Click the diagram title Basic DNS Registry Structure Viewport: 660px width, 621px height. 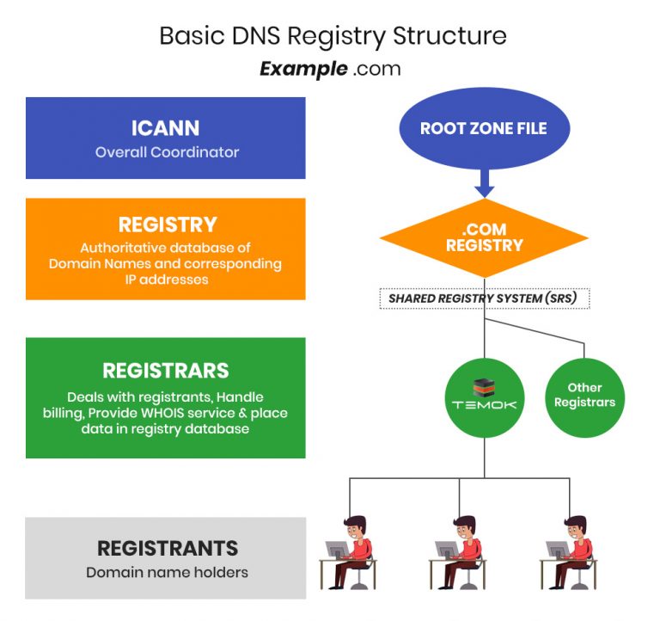pos(333,36)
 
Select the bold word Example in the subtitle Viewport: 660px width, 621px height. pos(302,69)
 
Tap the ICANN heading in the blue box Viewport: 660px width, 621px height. pos(166,128)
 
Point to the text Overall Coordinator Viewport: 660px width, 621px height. pos(167,152)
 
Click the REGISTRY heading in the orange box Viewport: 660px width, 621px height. pos(167,224)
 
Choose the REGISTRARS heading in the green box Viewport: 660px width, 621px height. pos(166,371)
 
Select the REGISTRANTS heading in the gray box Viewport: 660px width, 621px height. pos(167,548)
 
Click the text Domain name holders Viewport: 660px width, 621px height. pos(167,572)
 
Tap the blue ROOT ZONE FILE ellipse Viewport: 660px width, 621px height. pos(483,129)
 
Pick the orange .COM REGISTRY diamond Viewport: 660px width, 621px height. pos(484,238)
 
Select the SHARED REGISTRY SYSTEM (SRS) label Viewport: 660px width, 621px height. pos(484,298)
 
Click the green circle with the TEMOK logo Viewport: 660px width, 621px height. pos(484,397)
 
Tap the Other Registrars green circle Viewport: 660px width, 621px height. pos(584,395)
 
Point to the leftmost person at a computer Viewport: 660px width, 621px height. pos(350,551)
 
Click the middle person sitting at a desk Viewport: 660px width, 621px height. pos(460,551)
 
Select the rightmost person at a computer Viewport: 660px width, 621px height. pos(570,551)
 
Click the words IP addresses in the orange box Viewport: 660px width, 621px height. pos(166,279)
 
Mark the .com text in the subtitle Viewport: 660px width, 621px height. pos(376,69)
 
